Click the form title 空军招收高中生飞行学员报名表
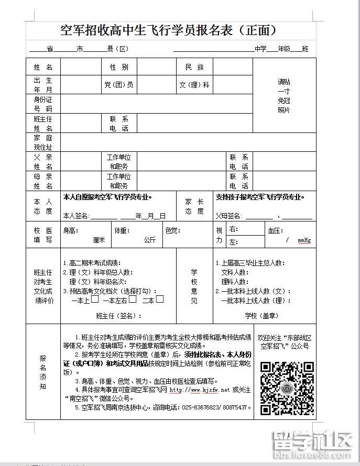tap(168, 29)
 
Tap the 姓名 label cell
tap(43, 68)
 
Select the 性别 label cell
tap(119, 68)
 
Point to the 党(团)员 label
tap(119, 85)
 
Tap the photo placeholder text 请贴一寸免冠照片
tap(284, 96)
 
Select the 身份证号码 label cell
tap(43, 104)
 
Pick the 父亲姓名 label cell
tap(43, 162)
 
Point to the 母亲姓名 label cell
tap(43, 181)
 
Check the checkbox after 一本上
tap(95, 299)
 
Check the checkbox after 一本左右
tap(133, 299)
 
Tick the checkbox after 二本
tap(160, 299)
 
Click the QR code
tap(287, 388)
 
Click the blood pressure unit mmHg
tap(304, 240)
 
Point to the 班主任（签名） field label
tap(118, 316)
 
